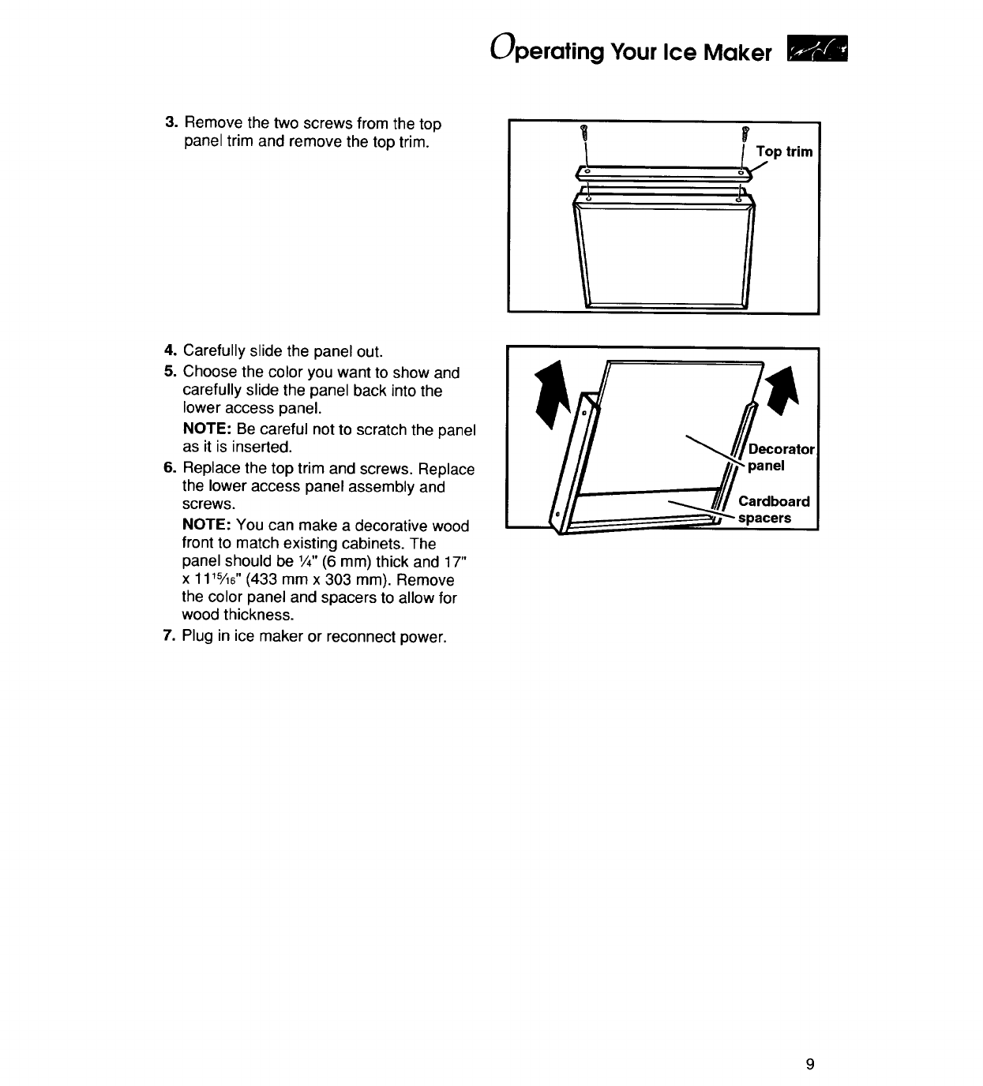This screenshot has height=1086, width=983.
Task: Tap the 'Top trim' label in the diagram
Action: click(x=783, y=152)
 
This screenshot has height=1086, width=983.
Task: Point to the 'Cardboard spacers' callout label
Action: click(x=773, y=510)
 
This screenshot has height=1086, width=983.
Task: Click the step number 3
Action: click(x=169, y=124)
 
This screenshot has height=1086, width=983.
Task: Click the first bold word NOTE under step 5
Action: click(x=207, y=429)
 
